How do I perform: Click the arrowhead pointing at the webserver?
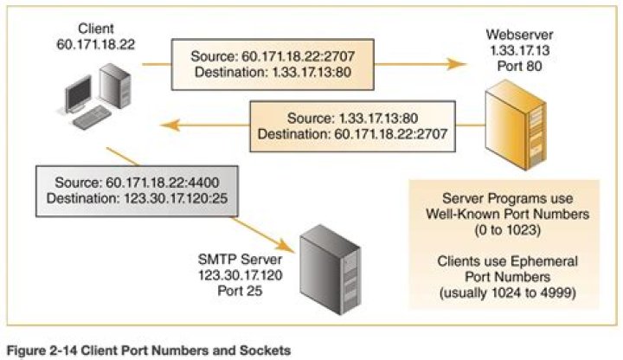coord(451,63)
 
